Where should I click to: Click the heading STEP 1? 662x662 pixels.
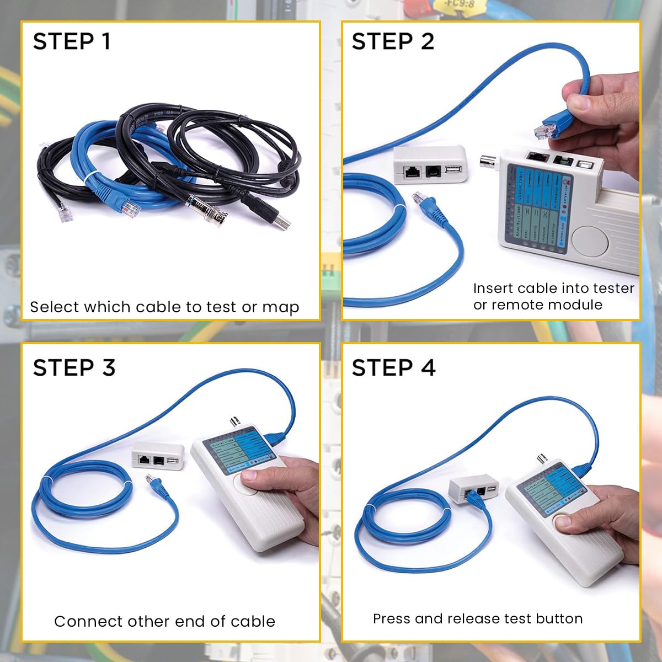pyautogui.click(x=72, y=42)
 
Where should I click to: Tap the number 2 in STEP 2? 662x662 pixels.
pyautogui.click(x=427, y=42)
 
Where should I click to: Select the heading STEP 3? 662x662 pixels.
pyautogui.click(x=74, y=368)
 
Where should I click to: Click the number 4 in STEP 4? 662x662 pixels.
pyautogui.click(x=428, y=368)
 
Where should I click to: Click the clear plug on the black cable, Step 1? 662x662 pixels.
pyautogui.click(x=64, y=212)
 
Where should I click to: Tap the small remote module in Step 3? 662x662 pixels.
pyautogui.click(x=158, y=456)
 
